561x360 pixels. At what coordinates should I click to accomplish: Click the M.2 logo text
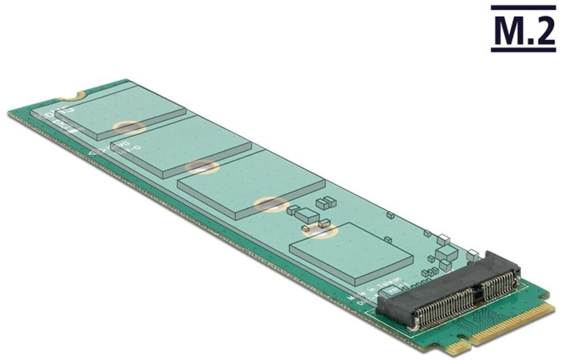pos(523,32)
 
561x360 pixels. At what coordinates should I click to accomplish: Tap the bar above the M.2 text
pos(523,7)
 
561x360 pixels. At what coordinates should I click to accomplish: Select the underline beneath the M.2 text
pos(523,50)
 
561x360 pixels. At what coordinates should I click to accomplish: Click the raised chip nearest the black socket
pos(351,253)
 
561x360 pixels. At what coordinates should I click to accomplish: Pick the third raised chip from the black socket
pos(181,145)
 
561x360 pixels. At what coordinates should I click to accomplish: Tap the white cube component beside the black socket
pos(472,256)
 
